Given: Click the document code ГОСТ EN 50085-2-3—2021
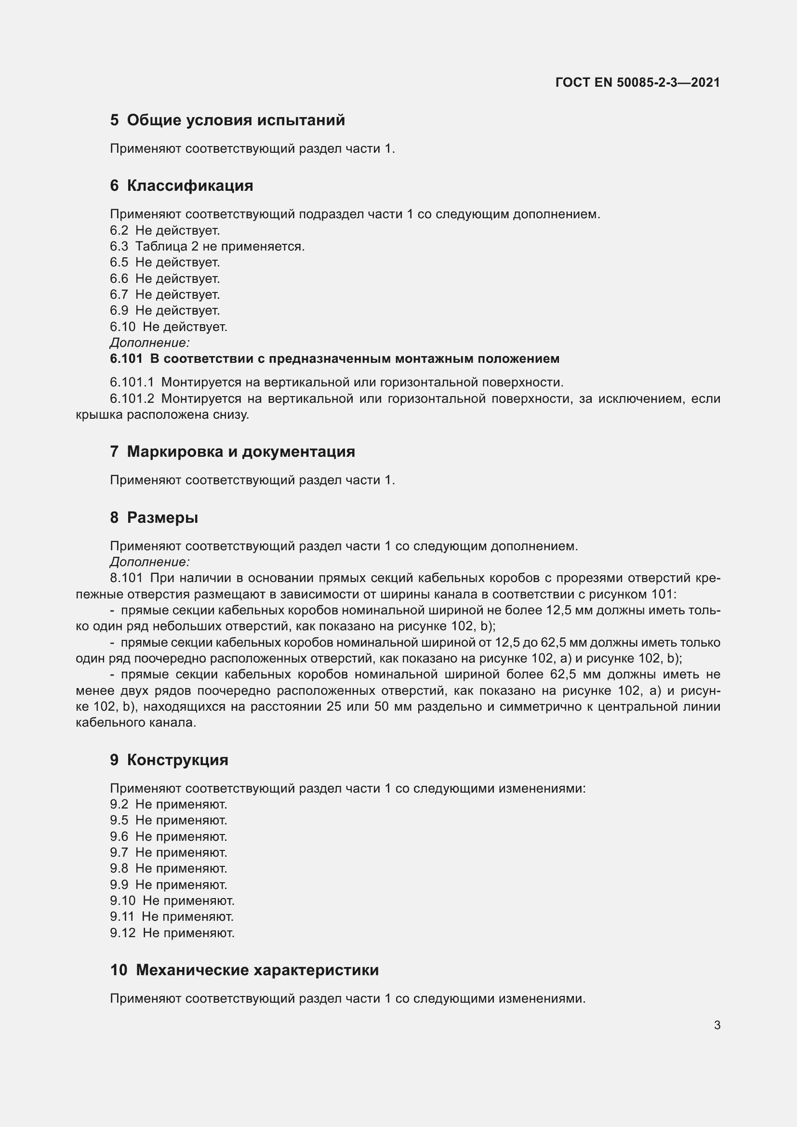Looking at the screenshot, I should (638, 82).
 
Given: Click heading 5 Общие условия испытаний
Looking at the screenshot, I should (227, 120).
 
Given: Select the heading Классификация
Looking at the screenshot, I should (190, 186).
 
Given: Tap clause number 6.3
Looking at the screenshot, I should (119, 246).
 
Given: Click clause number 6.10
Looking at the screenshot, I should (122, 327).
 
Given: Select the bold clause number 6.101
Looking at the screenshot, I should (126, 359).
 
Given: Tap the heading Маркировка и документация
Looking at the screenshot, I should (240, 451).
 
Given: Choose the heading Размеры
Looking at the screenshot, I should (162, 517).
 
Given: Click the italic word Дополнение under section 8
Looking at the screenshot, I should (150, 562).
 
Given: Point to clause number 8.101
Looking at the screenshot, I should (126, 578).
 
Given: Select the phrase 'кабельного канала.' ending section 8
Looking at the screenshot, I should (136, 723).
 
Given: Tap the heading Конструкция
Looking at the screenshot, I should (177, 760).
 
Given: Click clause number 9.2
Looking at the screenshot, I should (119, 805).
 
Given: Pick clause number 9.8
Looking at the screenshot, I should (119, 868).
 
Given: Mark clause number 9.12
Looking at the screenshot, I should (122, 933).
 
